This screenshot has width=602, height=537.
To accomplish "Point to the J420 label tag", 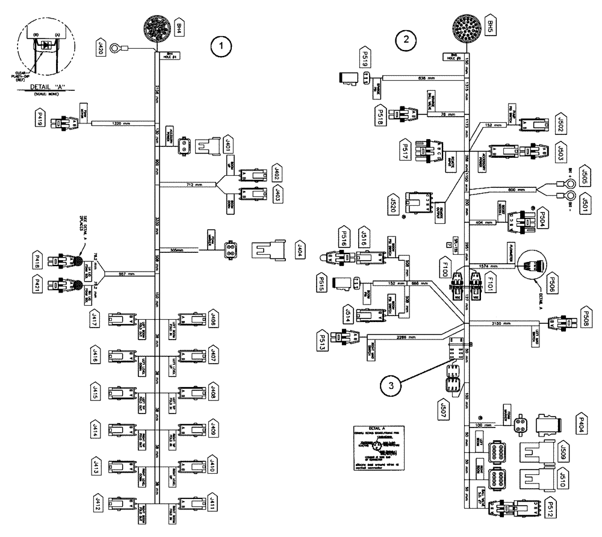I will (101, 48).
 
